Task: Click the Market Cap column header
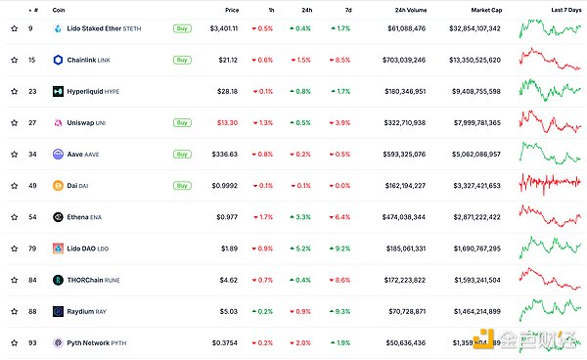(484, 10)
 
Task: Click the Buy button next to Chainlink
(181, 60)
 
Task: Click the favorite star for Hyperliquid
(14, 91)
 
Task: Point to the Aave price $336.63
(225, 155)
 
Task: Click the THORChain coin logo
(59, 280)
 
